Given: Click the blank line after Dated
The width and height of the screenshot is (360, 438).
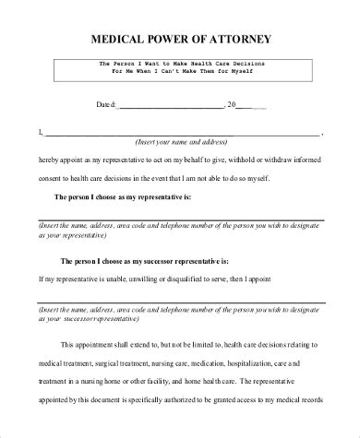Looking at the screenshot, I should [x=172, y=107].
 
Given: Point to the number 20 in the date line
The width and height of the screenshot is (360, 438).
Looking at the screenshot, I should [x=233, y=105].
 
